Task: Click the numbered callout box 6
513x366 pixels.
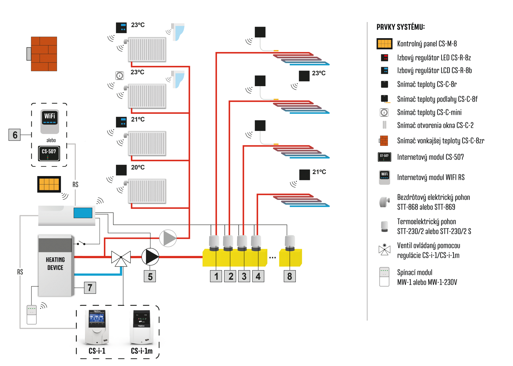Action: [x=15, y=135]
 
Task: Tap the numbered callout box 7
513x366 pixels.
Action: [x=90, y=288]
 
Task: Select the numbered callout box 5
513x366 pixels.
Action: [x=150, y=277]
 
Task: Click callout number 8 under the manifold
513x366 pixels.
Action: [x=290, y=276]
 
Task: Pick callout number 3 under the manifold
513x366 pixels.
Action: [x=244, y=276]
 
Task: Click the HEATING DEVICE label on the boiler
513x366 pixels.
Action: [x=55, y=264]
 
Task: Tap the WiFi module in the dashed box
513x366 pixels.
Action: [x=50, y=121]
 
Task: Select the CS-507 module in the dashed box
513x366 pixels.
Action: [x=49, y=153]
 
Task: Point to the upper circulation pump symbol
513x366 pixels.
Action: [x=168, y=238]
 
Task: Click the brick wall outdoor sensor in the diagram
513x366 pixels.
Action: [x=44, y=54]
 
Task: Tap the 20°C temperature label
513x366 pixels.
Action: [x=138, y=167]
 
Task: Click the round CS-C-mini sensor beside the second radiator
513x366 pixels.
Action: [x=120, y=76]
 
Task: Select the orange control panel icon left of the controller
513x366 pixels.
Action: [x=49, y=184]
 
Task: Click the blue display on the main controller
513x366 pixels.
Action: [x=83, y=213]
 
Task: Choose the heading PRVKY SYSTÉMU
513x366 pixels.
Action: [x=401, y=27]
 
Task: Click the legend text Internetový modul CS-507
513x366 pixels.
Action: [x=430, y=157]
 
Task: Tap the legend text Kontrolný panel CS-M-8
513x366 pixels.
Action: [x=427, y=44]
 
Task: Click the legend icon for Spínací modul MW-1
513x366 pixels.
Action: [x=384, y=277]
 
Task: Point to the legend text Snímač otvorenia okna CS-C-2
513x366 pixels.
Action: [x=435, y=125]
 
